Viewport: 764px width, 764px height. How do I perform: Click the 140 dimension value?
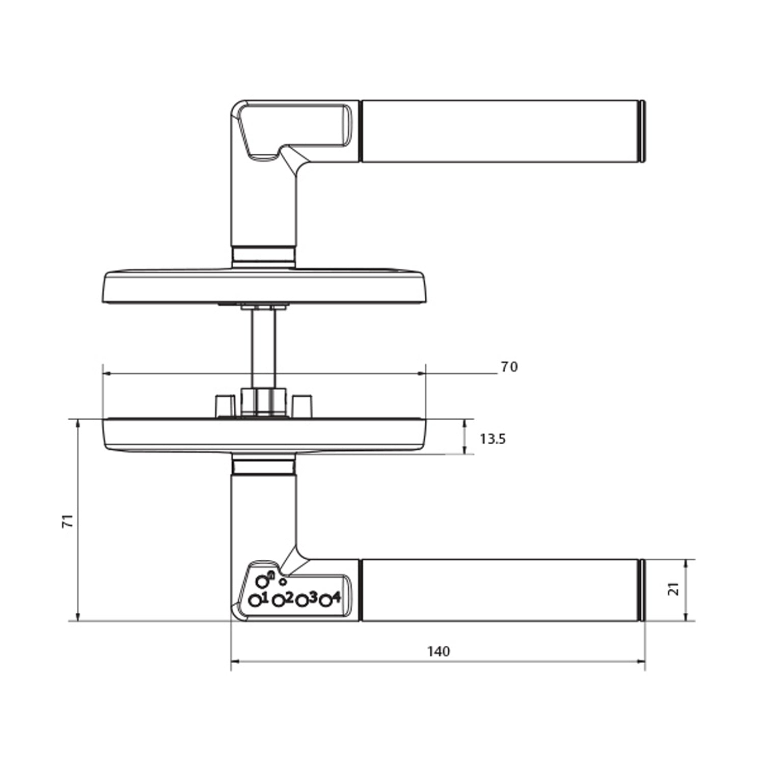pyautogui.click(x=439, y=651)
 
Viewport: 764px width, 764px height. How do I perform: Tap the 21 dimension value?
pyautogui.click(x=674, y=589)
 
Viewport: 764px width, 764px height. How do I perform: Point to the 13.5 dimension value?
pyautogui.click(x=493, y=439)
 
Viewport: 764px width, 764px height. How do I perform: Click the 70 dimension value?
pyautogui.click(x=509, y=367)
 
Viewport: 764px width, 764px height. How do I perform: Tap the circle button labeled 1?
pyautogui.click(x=255, y=601)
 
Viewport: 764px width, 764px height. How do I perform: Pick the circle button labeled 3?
pyautogui.click(x=302, y=601)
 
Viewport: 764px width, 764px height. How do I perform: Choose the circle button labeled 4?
pyautogui.click(x=326, y=601)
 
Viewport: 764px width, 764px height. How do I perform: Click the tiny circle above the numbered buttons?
pyautogui.click(x=284, y=582)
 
